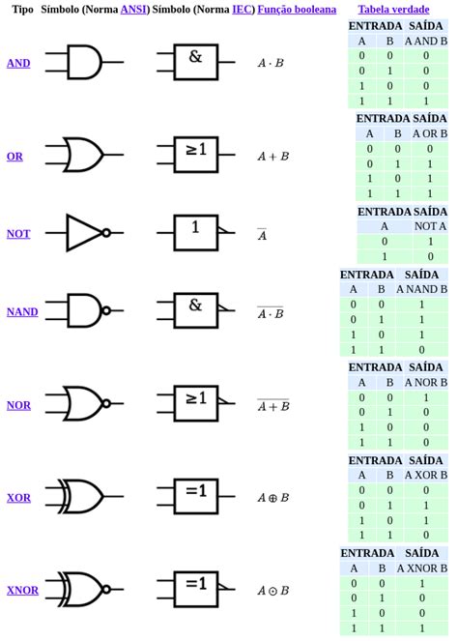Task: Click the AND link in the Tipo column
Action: (18, 63)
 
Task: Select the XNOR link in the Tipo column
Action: (22, 590)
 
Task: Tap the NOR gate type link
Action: (18, 405)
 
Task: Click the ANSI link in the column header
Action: (133, 9)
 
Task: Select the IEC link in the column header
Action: (243, 9)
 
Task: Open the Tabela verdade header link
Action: (393, 9)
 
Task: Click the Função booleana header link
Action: (297, 9)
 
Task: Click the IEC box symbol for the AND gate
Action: (195, 62)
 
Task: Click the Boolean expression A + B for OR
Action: (272, 156)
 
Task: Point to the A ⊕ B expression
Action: (272, 498)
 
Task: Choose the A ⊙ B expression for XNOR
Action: (272, 591)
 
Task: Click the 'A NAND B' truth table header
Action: (421, 289)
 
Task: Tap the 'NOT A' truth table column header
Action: (430, 226)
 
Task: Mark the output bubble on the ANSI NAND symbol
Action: (106, 311)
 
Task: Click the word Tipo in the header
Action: (22, 9)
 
